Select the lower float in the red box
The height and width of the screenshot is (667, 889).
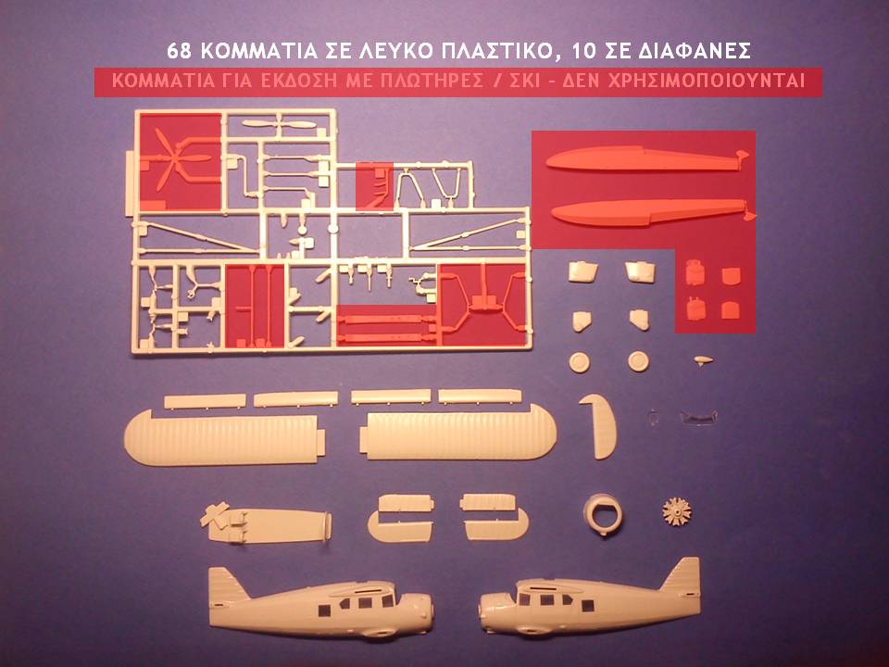pos(653,212)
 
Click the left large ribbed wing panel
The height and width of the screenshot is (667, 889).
pos(224,438)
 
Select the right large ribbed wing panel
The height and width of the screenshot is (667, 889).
pos(458,434)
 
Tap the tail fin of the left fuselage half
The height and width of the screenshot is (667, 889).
pos(227,585)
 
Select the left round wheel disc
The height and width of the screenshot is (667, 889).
pos(579,362)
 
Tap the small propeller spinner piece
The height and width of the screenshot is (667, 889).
pos(703,360)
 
